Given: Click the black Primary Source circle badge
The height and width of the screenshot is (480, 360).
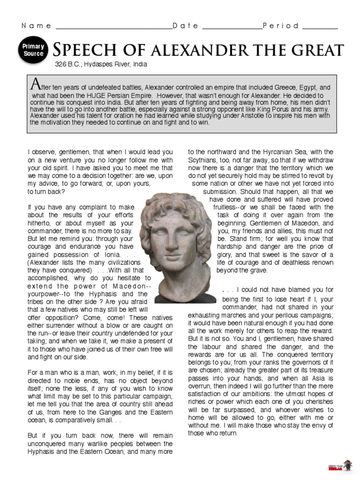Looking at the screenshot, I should click(x=33, y=50).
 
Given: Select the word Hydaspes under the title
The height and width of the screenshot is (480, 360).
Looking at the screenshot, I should click(x=100, y=64).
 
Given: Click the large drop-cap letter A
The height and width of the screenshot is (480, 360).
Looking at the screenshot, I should click(x=34, y=84).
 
